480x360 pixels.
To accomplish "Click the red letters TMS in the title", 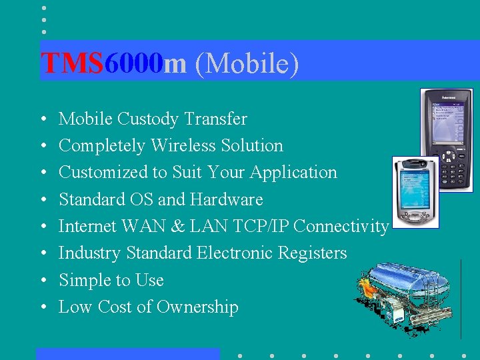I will click(x=72, y=63).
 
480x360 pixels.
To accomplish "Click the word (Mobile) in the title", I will click(x=247, y=64).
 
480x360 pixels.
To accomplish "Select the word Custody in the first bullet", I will click(x=147, y=119).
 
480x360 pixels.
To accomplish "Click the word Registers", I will click(x=313, y=253).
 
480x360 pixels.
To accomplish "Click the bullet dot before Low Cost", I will click(x=43, y=307).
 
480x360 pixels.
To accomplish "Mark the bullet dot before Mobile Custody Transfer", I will click(x=43, y=120).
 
